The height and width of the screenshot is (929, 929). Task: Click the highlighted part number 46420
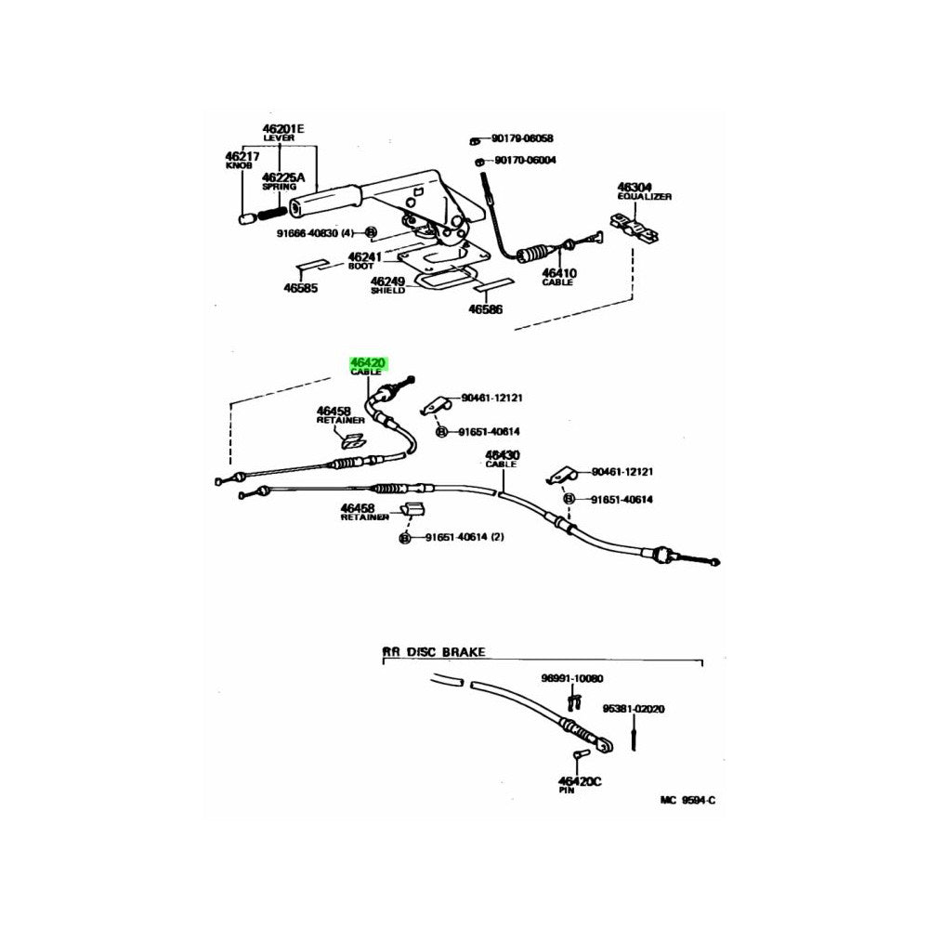pos(368,363)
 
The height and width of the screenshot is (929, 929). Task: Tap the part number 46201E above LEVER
pos(282,128)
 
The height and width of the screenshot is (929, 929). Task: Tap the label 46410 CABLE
pos(559,277)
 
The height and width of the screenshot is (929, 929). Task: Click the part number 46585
pos(301,288)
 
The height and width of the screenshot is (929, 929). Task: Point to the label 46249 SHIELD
pos(387,284)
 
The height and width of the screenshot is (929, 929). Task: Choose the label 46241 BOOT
pos(364,261)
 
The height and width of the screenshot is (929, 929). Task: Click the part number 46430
pos(502,456)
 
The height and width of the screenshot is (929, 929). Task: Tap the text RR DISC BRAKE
pos(434,653)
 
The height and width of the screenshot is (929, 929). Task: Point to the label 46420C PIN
pos(580,786)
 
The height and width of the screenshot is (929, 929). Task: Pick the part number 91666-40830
pos(313,233)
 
